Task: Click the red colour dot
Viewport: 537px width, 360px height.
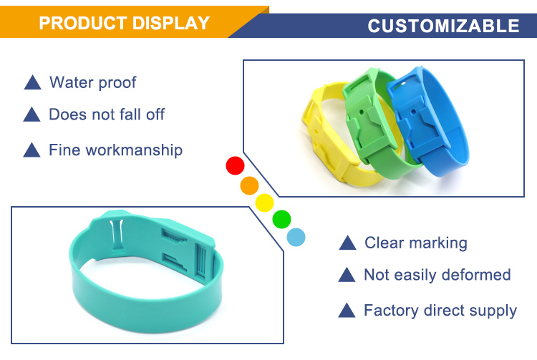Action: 235,165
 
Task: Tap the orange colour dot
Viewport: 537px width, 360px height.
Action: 249,185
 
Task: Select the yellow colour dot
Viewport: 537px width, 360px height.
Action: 264,203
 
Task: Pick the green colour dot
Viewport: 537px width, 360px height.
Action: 281,219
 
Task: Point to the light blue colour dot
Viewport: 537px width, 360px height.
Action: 296,237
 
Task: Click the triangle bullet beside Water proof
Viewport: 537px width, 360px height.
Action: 32,82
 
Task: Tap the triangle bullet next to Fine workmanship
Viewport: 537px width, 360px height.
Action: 32,150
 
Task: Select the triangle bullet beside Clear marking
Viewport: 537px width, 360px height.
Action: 347,243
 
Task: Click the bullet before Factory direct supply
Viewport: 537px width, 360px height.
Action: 347,310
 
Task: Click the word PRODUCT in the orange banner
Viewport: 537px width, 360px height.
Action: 83,24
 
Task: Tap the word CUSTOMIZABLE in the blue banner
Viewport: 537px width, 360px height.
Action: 443,26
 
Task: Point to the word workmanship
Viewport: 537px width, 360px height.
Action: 134,150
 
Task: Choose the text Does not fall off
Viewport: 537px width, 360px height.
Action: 107,115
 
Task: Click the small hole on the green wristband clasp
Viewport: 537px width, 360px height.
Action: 362,112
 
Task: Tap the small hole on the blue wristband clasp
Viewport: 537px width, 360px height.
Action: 413,112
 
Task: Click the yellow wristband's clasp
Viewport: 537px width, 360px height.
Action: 324,137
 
